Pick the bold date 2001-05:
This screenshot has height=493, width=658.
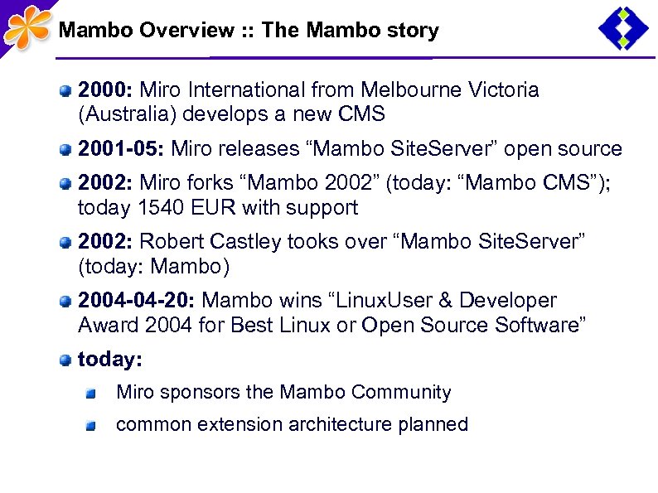click(x=122, y=149)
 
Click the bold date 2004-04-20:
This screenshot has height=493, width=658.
click(x=137, y=301)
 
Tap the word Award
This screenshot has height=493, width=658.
click(x=108, y=326)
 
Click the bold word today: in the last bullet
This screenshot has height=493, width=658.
click(x=109, y=360)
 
